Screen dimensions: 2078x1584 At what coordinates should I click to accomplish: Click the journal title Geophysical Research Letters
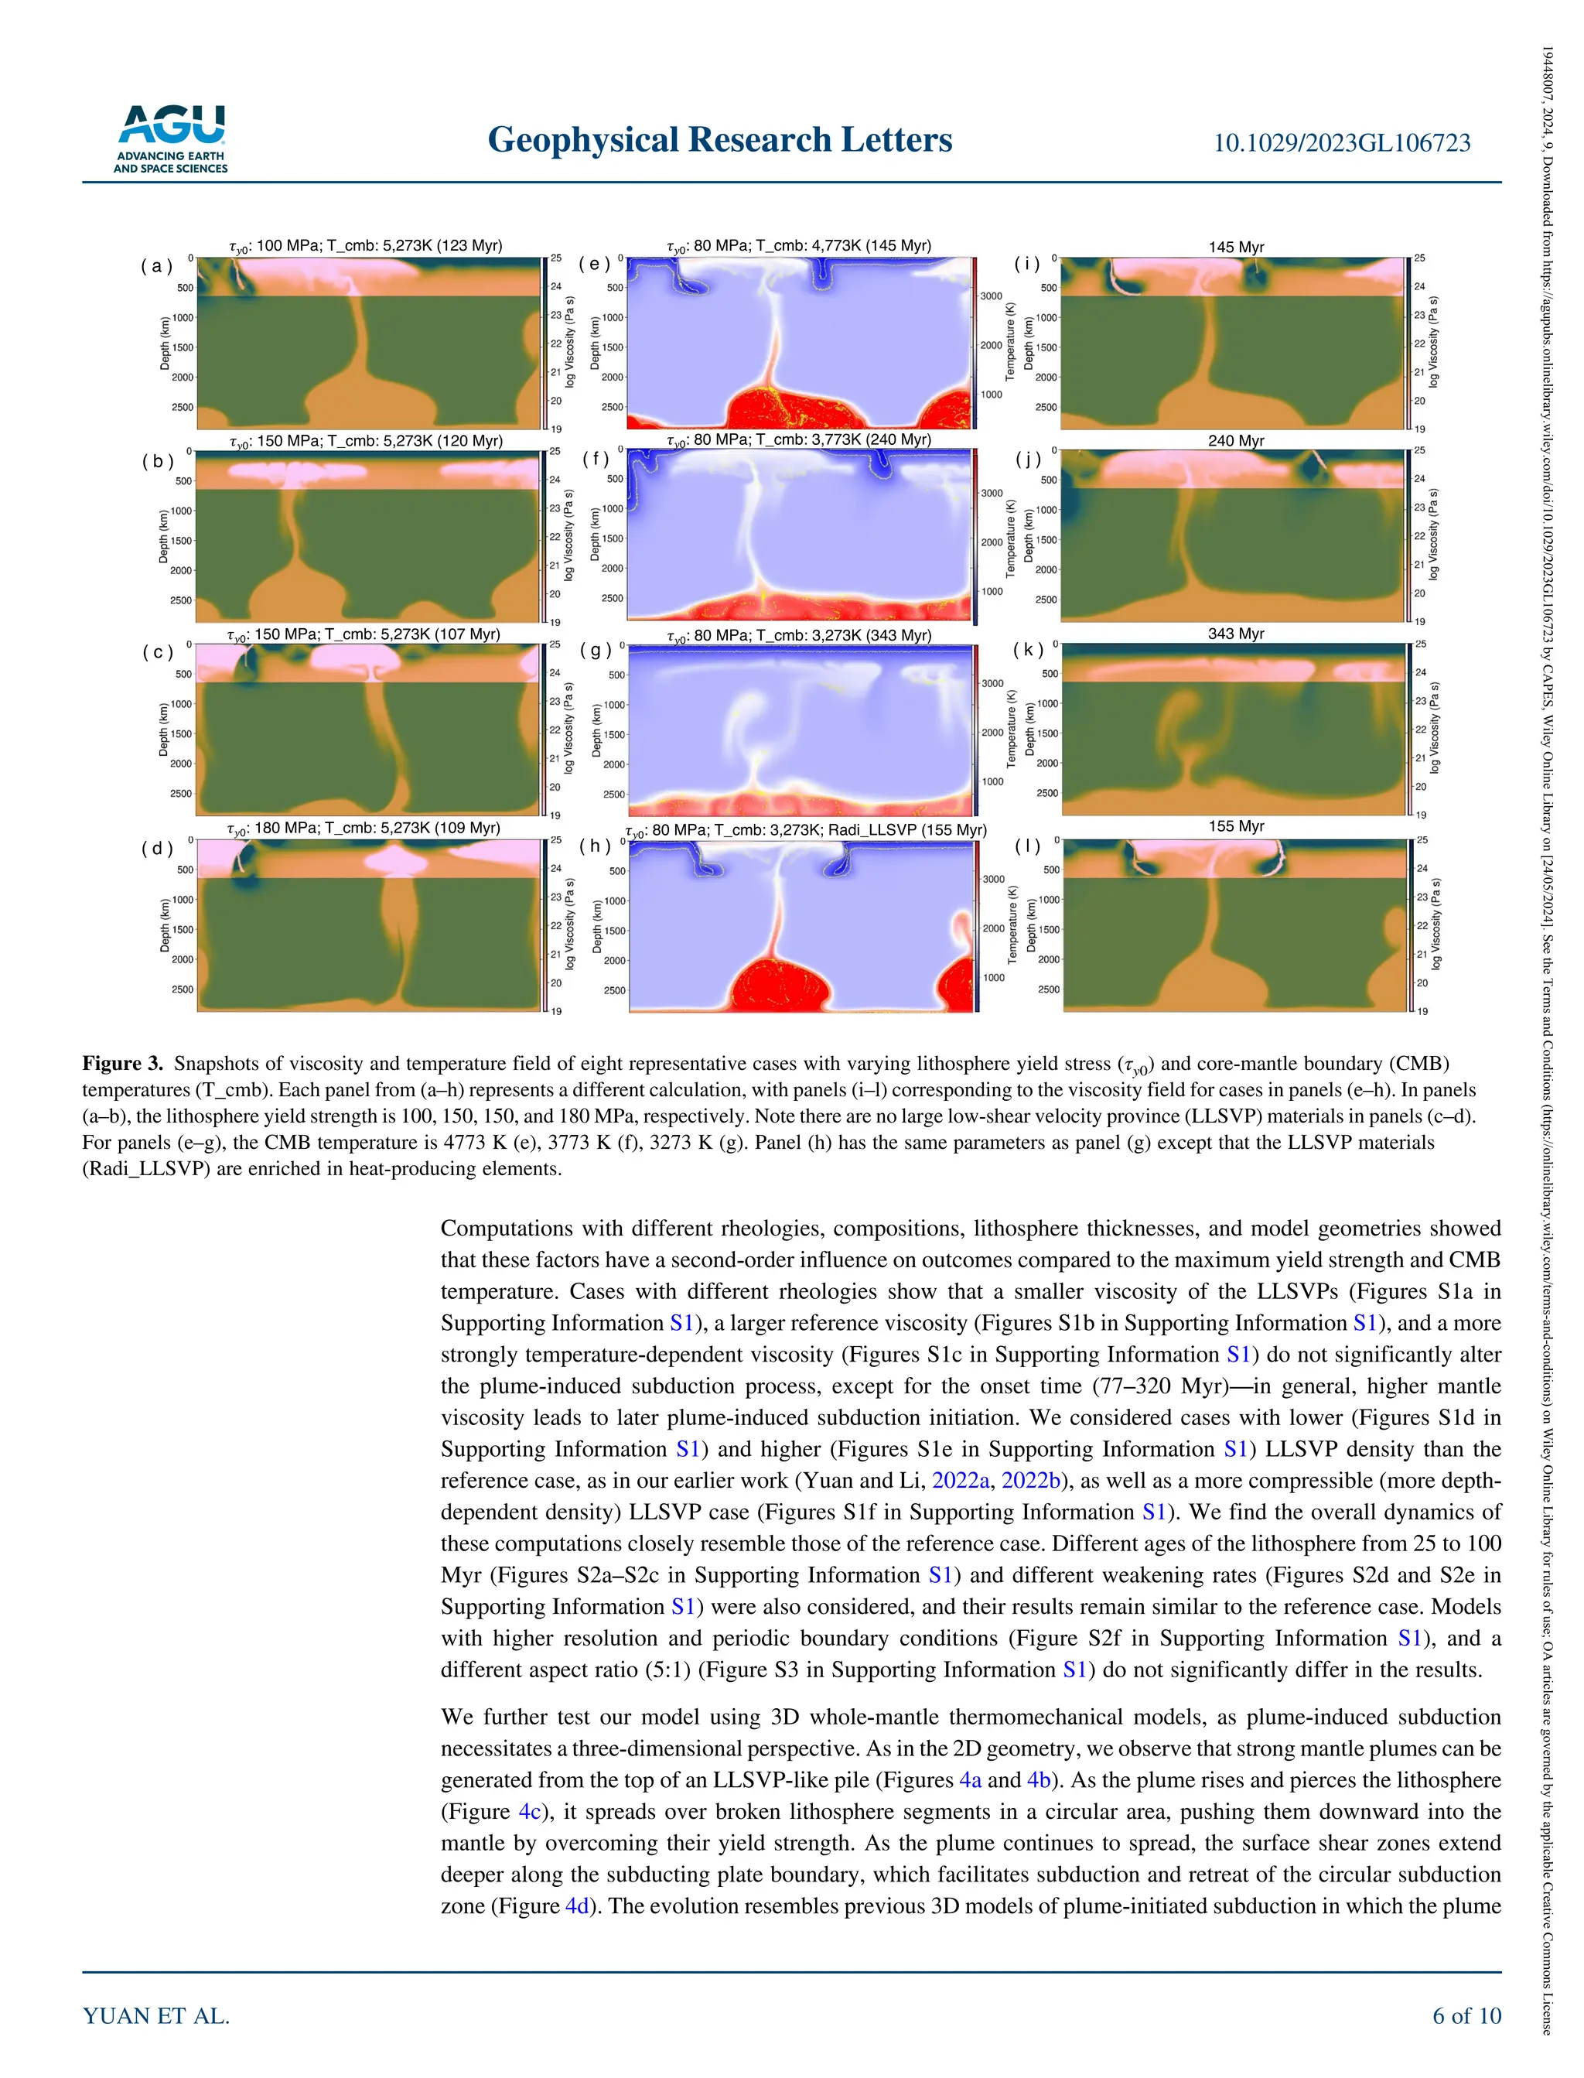click(x=719, y=139)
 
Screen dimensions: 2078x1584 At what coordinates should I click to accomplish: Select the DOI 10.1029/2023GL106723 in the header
click(x=1340, y=143)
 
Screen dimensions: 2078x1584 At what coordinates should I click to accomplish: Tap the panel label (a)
click(x=156, y=266)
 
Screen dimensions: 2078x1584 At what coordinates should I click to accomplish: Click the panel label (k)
click(x=1029, y=651)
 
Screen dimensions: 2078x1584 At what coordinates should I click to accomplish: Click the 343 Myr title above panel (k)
click(x=1235, y=634)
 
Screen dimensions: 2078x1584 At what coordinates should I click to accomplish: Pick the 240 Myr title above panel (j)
click(x=1235, y=440)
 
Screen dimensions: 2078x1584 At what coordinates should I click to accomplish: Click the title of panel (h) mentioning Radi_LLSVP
click(x=805, y=831)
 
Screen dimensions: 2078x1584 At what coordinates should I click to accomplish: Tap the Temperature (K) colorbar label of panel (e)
click(x=1010, y=343)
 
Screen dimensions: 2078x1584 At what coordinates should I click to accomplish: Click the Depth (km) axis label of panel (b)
click(x=163, y=536)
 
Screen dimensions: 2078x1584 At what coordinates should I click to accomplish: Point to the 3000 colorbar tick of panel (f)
click(x=991, y=493)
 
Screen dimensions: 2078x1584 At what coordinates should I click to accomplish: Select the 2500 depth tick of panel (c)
click(x=181, y=794)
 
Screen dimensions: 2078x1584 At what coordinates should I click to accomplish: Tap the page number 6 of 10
click(x=1466, y=2016)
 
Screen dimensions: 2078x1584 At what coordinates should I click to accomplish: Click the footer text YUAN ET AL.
click(x=156, y=2016)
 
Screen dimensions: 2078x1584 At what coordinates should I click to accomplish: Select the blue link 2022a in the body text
click(x=961, y=1480)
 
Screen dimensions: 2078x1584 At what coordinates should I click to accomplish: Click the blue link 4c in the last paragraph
click(x=529, y=1811)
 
